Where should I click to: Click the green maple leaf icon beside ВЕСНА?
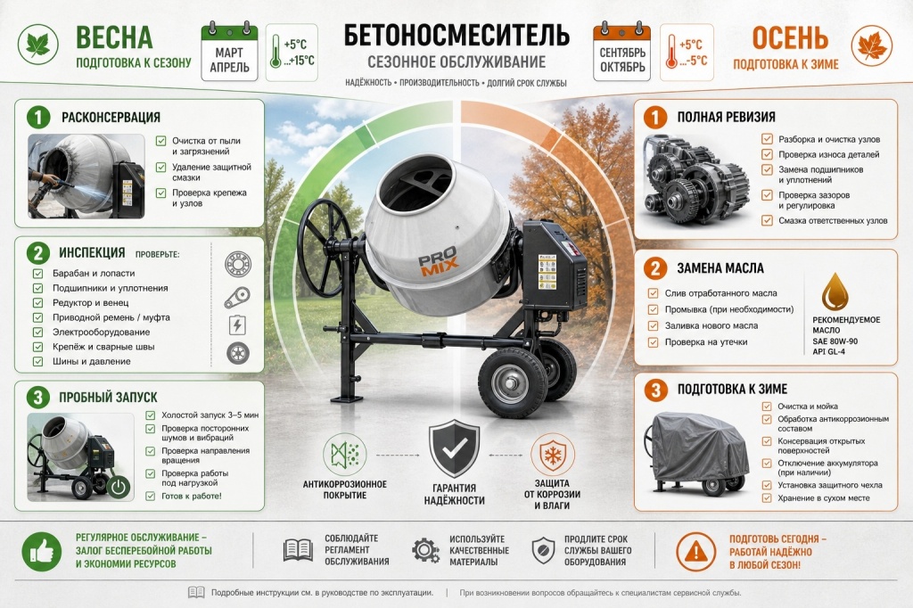click(x=37, y=44)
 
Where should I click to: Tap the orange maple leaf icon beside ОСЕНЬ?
click(x=872, y=45)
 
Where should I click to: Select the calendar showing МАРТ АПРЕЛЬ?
click(x=229, y=53)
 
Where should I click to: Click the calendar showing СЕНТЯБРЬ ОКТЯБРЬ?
click(x=621, y=53)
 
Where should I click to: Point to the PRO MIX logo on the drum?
click(x=439, y=261)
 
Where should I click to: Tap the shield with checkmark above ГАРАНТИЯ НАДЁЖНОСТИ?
click(x=454, y=448)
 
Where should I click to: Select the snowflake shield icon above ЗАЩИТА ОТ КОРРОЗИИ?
click(x=552, y=455)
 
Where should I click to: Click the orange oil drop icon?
click(x=835, y=292)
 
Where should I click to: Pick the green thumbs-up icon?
click(x=41, y=551)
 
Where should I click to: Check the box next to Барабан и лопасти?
click(x=37, y=273)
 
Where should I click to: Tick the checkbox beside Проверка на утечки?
click(x=653, y=342)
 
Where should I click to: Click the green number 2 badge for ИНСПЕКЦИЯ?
click(x=37, y=253)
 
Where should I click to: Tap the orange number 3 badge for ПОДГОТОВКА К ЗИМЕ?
click(x=655, y=390)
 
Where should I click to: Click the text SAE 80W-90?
click(x=835, y=341)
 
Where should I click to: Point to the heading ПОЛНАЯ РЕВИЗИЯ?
click(x=726, y=117)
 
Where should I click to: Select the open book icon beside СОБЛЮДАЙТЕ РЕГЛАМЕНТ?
click(x=298, y=550)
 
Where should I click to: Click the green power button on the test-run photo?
click(x=119, y=487)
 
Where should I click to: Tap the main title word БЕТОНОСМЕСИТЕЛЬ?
click(x=456, y=35)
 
